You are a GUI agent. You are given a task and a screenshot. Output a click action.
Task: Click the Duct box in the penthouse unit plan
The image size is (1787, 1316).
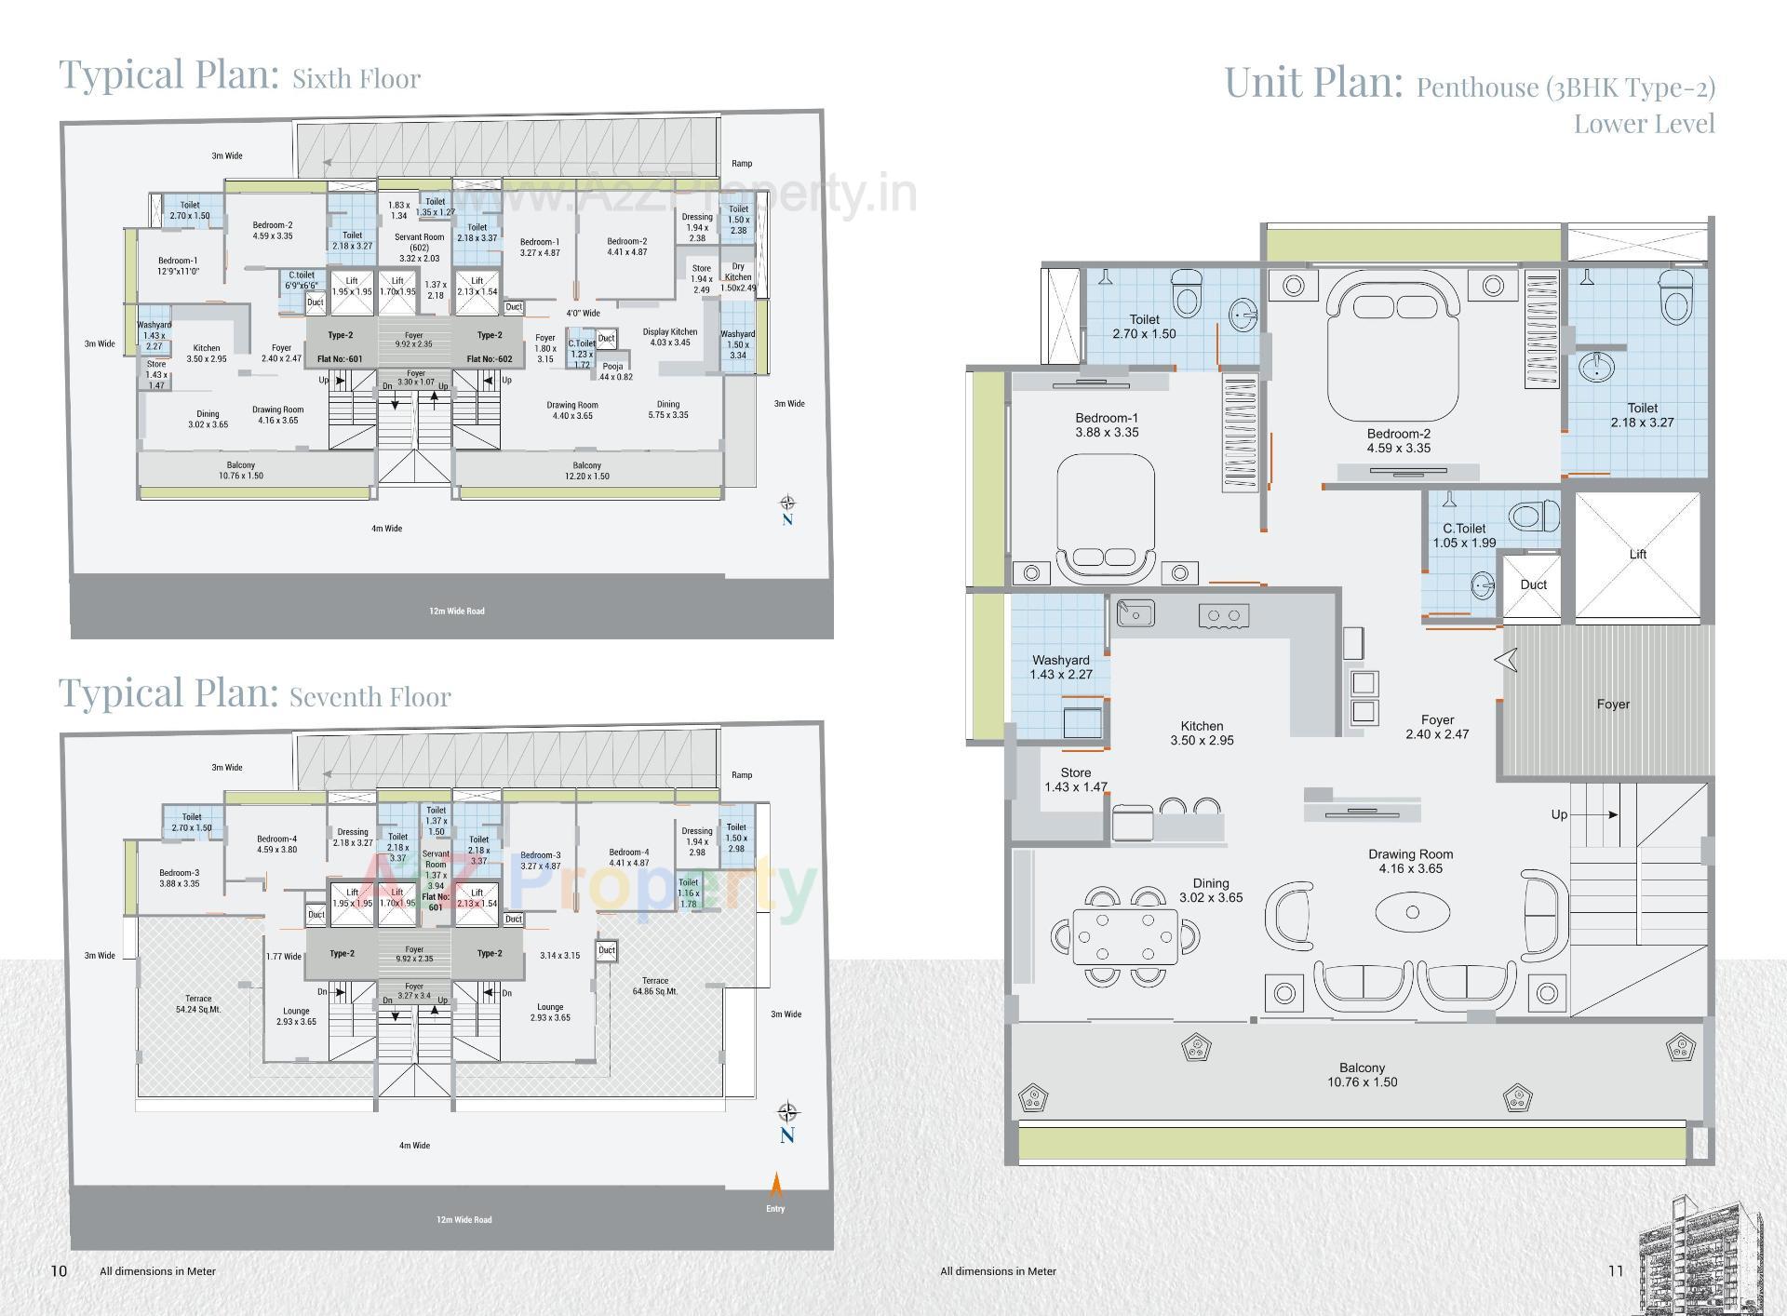tap(1532, 586)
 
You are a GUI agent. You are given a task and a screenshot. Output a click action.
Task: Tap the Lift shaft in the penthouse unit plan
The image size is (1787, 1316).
tap(1637, 556)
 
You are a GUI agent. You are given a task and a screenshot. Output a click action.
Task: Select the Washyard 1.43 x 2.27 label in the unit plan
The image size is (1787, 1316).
tap(1061, 667)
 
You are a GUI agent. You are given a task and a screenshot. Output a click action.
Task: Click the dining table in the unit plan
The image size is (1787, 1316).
tap(1125, 935)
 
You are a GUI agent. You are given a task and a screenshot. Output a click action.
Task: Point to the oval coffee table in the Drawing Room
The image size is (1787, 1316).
tap(1412, 912)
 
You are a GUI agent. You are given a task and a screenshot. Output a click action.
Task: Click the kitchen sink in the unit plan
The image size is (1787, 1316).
tap(1135, 613)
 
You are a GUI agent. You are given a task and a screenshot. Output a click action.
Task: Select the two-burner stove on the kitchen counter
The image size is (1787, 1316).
tap(1223, 615)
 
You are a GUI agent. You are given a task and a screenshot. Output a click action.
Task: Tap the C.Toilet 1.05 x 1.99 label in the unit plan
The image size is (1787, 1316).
tap(1464, 535)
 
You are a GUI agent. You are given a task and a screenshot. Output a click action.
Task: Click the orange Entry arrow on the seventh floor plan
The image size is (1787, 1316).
tap(776, 1187)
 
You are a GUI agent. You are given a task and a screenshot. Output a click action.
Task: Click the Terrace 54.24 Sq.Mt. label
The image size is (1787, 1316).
tap(198, 1003)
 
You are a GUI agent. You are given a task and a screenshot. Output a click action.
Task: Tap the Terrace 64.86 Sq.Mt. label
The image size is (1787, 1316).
tap(655, 986)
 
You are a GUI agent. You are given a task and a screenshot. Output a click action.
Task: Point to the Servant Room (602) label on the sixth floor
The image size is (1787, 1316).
tap(420, 247)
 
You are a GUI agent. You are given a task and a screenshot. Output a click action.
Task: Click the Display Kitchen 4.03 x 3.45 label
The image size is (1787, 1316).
tap(669, 337)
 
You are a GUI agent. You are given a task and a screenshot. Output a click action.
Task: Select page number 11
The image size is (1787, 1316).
tap(1615, 1270)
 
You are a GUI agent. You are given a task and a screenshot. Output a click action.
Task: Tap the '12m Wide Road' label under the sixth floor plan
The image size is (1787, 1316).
tap(456, 611)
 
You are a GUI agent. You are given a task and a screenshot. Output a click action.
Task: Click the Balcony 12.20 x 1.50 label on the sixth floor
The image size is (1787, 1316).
tap(586, 470)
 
